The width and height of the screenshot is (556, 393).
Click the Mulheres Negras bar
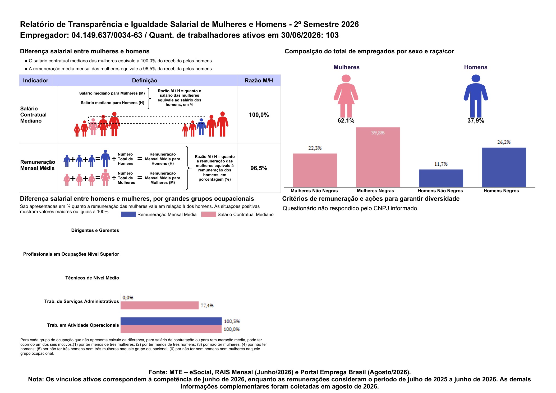[378, 157]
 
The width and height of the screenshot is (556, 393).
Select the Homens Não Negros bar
[441, 178]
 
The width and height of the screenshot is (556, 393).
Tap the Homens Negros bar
[504, 167]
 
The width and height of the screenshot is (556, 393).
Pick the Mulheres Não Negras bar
[315, 170]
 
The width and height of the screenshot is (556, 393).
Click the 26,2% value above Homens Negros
[504, 142]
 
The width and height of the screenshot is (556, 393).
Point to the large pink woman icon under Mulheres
[346, 96]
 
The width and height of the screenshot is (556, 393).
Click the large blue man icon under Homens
[476, 96]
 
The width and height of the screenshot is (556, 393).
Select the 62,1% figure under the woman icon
[346, 121]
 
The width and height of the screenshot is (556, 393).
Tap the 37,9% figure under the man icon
[476, 121]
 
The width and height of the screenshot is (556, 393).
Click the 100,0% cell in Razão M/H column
[259, 115]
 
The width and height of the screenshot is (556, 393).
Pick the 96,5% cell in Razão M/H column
[259, 168]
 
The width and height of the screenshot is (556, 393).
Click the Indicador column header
[36, 81]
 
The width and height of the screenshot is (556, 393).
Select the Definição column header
[145, 81]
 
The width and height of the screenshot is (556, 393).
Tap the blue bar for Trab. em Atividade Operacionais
[171, 321]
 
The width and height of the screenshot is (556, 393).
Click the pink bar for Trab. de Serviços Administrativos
[159, 305]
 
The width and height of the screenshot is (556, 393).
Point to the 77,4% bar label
[207, 306]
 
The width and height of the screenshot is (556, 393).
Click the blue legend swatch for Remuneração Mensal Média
[128, 214]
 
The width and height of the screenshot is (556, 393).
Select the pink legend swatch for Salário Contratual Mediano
[209, 214]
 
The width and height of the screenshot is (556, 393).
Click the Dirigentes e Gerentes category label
[95, 230]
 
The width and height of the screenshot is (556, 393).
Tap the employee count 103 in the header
[332, 35]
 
